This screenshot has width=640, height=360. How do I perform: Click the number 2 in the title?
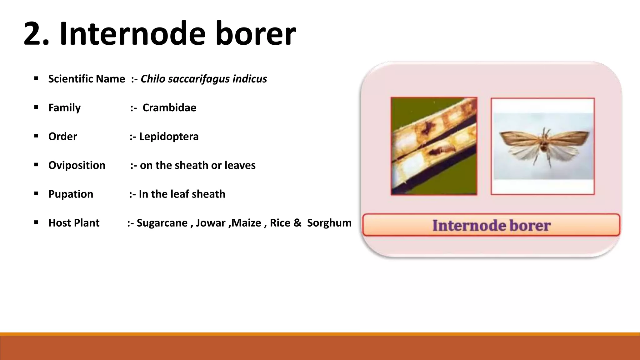coord(35,34)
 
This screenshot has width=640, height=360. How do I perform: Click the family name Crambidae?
coord(169,108)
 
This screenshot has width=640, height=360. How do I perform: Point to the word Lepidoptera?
coord(169,137)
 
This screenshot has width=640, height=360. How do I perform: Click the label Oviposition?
coord(77,165)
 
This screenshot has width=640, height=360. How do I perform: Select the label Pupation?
coord(71,194)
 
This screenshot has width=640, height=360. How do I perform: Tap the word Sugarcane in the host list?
coord(162,223)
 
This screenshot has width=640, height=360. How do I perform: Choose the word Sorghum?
coord(329,223)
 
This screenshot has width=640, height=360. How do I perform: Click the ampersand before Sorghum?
coord(297,223)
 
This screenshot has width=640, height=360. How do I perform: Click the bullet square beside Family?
coord(36,107)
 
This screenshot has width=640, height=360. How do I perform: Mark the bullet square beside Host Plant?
coord(36,223)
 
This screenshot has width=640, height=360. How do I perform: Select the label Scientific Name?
coord(87,79)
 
